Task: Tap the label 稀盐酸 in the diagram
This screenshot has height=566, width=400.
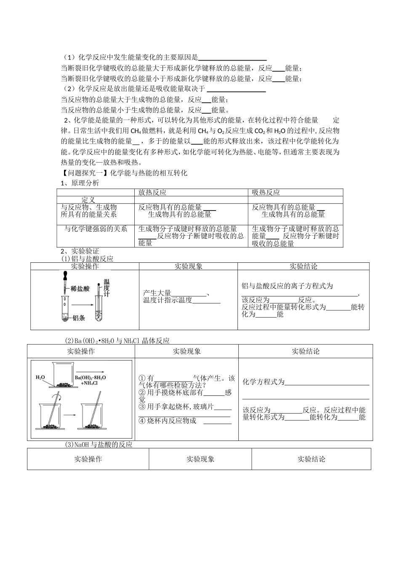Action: (x=80, y=289)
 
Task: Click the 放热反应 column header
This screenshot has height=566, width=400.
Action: (x=152, y=192)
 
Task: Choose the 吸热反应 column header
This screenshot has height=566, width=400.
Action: (x=266, y=192)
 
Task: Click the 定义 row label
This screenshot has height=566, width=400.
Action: (x=88, y=200)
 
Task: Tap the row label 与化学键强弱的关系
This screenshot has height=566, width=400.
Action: (x=96, y=229)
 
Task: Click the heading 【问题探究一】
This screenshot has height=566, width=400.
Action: (x=85, y=173)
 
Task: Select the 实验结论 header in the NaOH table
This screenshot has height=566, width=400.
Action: (x=311, y=459)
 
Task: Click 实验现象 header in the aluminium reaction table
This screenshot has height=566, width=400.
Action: (x=188, y=266)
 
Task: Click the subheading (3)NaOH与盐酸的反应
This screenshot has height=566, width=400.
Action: (x=99, y=444)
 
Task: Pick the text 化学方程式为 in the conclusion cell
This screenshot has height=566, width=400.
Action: (x=264, y=382)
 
